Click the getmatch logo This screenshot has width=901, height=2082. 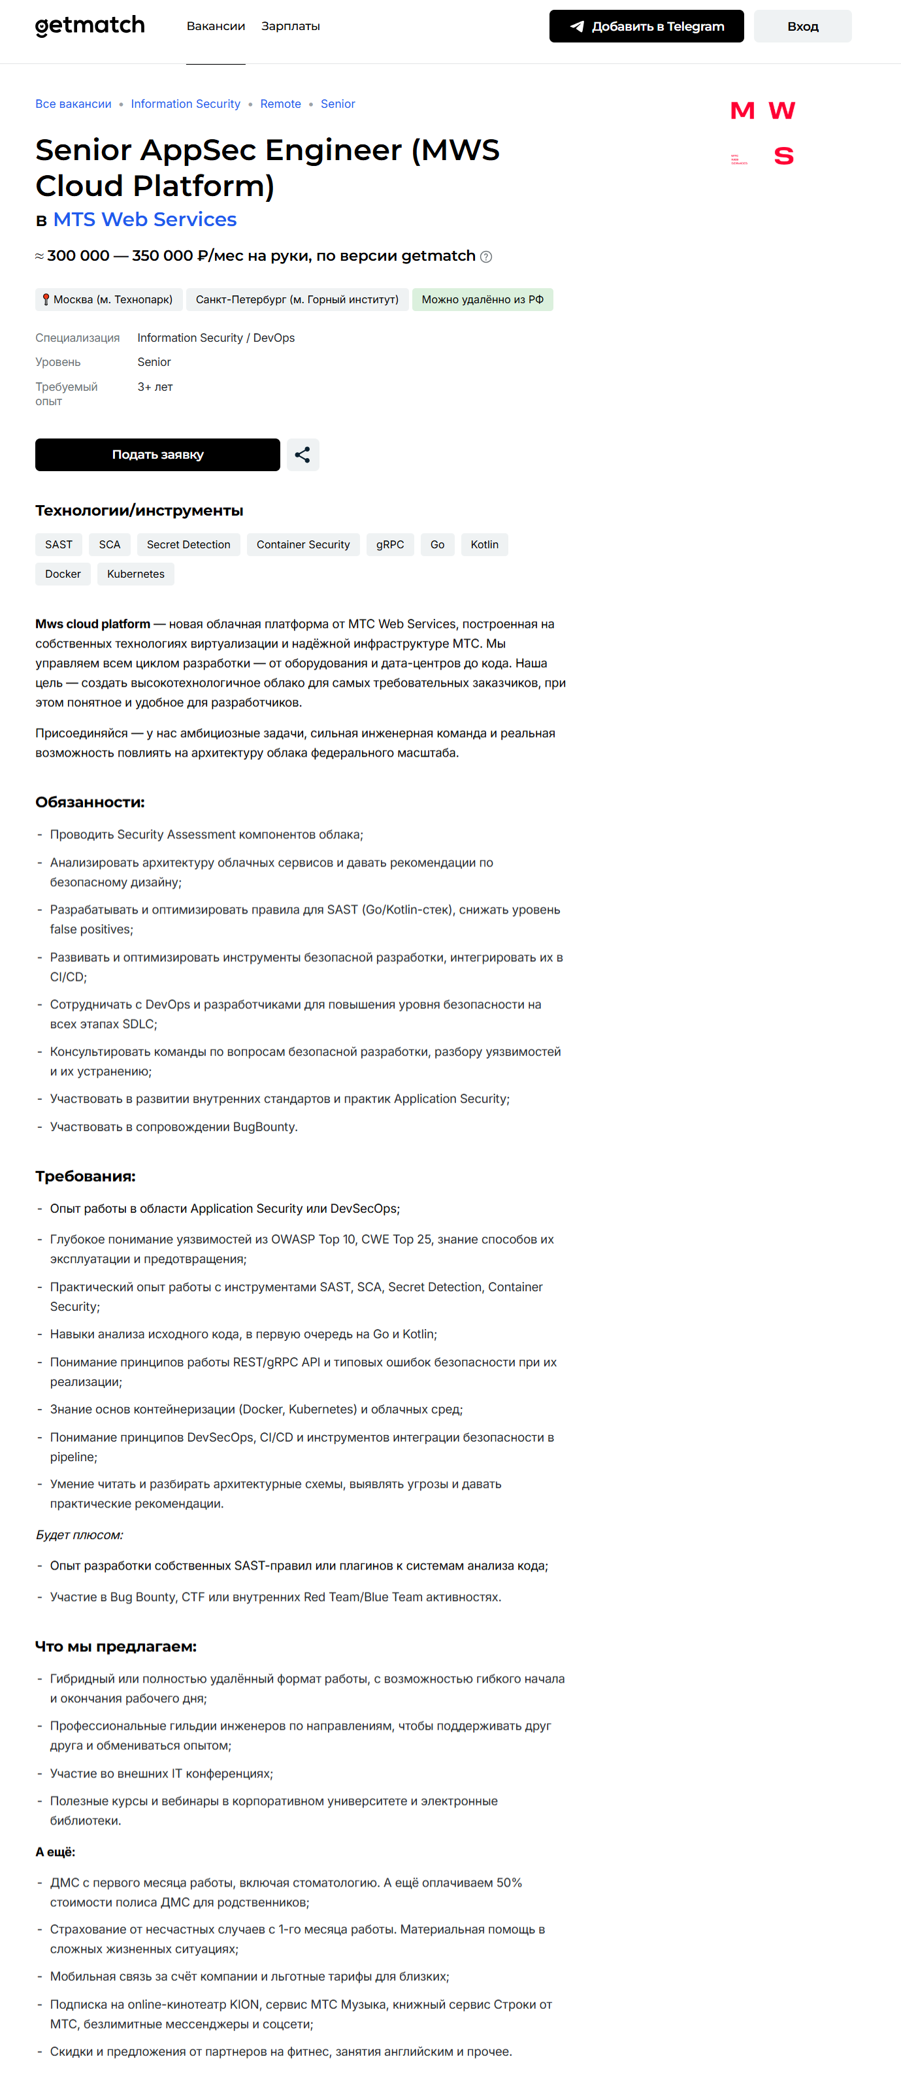click(x=90, y=27)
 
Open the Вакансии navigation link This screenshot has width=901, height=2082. click(x=216, y=27)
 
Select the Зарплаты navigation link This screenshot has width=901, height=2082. click(x=290, y=27)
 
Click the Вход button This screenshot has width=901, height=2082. click(x=802, y=27)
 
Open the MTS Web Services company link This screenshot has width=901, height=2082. click(x=144, y=220)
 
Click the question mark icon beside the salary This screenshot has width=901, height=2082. click(x=485, y=257)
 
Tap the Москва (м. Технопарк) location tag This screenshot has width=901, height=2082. click(x=109, y=300)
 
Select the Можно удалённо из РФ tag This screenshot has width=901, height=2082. click(x=482, y=300)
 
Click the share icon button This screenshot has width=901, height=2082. click(x=303, y=455)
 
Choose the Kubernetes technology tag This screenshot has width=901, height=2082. click(x=136, y=574)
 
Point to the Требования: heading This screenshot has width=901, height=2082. click(x=85, y=1176)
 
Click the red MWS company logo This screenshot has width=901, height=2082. click(x=762, y=133)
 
